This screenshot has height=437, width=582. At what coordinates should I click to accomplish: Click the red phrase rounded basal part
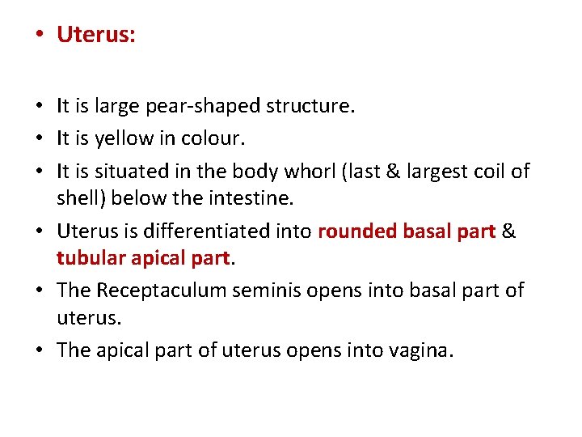[x=407, y=231]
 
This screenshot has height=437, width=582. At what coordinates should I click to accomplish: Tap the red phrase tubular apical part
[x=144, y=258]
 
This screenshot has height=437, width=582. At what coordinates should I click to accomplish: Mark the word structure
[x=312, y=106]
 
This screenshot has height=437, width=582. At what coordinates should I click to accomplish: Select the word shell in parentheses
[x=77, y=198]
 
